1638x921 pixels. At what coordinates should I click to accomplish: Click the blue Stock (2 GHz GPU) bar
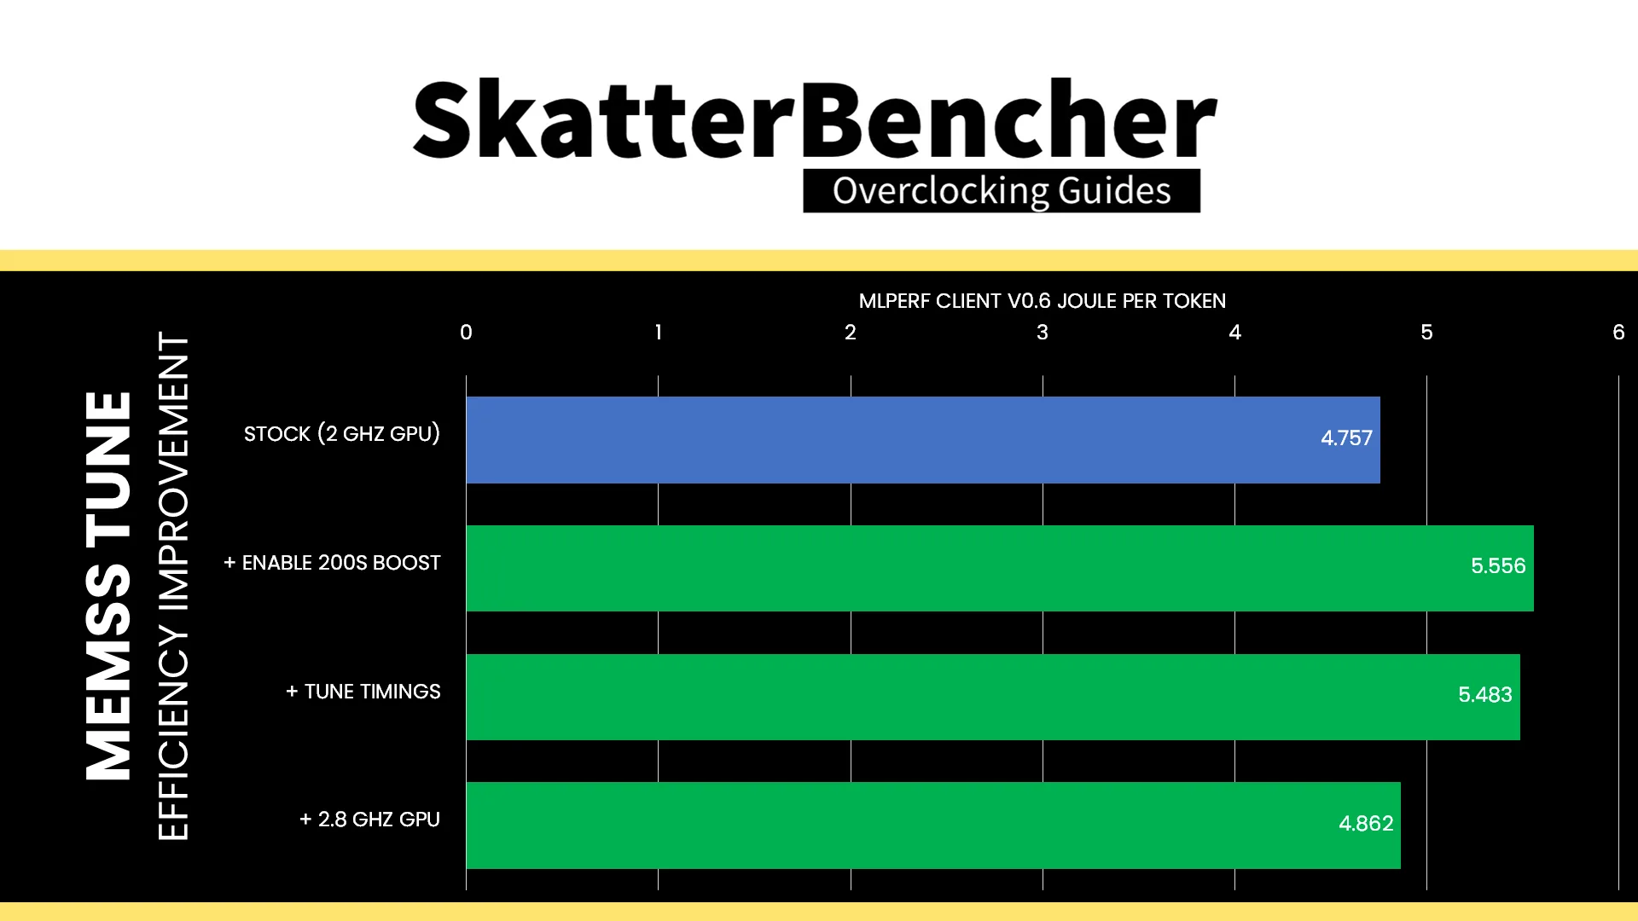[923, 440]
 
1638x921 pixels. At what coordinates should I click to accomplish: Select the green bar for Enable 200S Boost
[1000, 568]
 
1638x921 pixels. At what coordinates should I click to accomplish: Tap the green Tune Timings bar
[993, 697]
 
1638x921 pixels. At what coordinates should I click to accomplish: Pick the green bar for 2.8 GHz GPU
[933, 825]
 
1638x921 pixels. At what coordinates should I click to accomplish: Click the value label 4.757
[1346, 438]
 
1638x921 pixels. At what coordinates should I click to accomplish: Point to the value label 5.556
[1498, 566]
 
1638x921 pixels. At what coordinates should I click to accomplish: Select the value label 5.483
[1484, 695]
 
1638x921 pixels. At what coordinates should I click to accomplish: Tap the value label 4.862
[1366, 824]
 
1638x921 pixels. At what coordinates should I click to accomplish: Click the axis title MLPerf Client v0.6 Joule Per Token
[1042, 301]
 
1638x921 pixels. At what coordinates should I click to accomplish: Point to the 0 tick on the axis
[466, 333]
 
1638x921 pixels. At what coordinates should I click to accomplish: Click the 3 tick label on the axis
[1043, 333]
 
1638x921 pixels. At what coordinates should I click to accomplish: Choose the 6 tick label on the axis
[1618, 333]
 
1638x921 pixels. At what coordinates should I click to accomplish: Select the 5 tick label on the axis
[1426, 333]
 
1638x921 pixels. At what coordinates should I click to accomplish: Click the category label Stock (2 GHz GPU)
[342, 434]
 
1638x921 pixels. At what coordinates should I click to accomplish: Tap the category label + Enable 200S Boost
[332, 563]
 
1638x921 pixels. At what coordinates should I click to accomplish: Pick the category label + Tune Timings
[363, 692]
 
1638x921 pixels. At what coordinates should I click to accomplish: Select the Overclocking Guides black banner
[1002, 191]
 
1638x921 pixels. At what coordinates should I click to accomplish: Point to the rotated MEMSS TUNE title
[108, 586]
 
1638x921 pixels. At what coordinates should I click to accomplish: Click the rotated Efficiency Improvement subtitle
[173, 586]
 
